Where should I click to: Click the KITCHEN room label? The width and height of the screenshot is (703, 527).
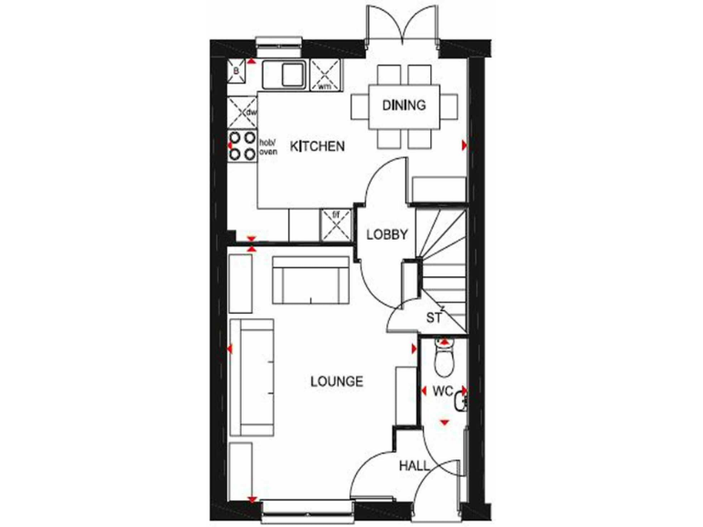(317, 145)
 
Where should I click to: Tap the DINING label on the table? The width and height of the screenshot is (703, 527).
(404, 105)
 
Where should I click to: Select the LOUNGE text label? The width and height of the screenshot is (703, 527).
(336, 382)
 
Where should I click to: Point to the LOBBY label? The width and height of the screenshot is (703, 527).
(386, 234)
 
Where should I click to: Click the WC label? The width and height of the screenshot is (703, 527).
(443, 391)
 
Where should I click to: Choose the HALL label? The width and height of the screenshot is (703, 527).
(414, 466)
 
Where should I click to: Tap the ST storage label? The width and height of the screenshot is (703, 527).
(434, 318)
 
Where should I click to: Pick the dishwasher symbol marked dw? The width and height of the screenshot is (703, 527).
(243, 113)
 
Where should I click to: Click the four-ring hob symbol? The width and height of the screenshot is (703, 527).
(243, 146)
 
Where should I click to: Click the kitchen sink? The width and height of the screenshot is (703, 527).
(286, 73)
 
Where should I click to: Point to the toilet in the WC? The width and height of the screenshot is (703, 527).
(444, 361)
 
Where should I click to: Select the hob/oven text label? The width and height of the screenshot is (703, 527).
(268, 147)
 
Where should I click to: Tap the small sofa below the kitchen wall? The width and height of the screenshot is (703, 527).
(312, 281)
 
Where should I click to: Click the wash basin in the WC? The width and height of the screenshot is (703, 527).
(461, 396)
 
